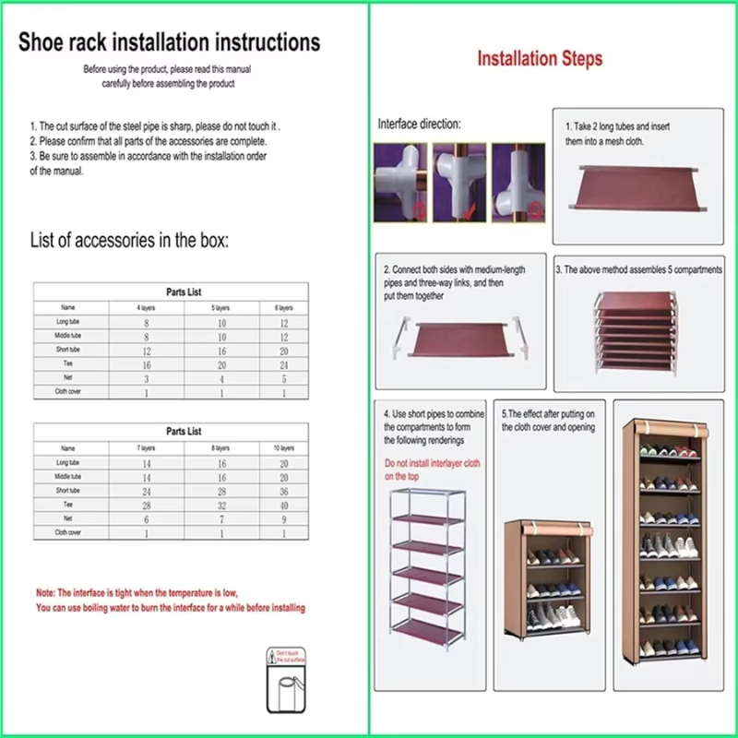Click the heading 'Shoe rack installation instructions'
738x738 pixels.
click(x=170, y=42)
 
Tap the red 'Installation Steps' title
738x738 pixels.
click(x=540, y=59)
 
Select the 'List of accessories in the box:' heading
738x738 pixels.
click(x=129, y=242)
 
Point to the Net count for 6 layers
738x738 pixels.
click(x=284, y=378)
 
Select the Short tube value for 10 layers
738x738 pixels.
click(x=284, y=491)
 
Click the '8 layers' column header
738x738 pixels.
click(x=221, y=447)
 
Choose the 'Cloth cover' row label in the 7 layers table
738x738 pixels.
click(x=68, y=532)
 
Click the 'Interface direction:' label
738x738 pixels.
click(x=419, y=124)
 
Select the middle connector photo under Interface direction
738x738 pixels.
click(x=458, y=182)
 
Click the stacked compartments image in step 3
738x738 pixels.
click(x=637, y=331)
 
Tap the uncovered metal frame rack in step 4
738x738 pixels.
click(x=426, y=569)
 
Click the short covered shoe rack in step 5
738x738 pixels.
click(x=545, y=578)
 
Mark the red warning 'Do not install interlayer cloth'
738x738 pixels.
click(x=431, y=463)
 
